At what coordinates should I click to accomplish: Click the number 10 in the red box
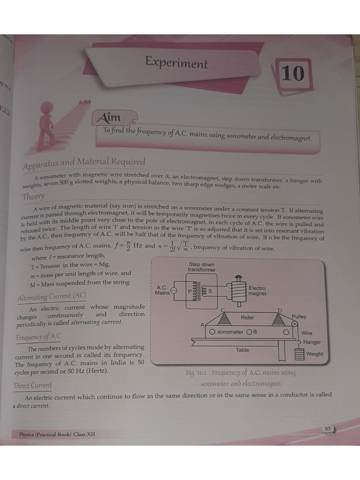click(292, 74)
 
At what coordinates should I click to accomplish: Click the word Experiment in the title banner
click(176, 62)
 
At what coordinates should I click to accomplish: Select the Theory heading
click(33, 197)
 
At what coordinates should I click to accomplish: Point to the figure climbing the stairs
click(47, 129)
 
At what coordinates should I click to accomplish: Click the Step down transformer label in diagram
click(202, 267)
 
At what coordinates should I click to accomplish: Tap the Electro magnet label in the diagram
click(257, 291)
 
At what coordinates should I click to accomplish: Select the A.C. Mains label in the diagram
click(162, 290)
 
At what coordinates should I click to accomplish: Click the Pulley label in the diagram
click(299, 317)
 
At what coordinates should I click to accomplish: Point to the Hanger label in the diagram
click(312, 342)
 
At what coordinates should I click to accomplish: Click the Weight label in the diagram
click(315, 354)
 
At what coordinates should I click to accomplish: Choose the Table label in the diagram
click(242, 350)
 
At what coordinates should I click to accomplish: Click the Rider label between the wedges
click(247, 318)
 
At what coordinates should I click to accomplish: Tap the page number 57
click(328, 429)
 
